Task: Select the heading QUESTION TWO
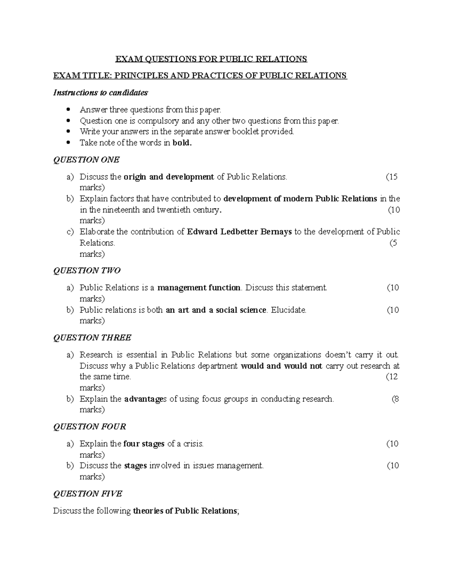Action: pyautogui.click(x=87, y=271)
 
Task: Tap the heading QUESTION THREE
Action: pyautogui.click(x=92, y=338)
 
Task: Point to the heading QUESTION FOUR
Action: pyautogui.click(x=89, y=427)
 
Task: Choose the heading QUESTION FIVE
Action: pyautogui.click(x=88, y=494)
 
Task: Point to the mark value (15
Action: pyautogui.click(x=391, y=177)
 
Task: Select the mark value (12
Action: pyautogui.click(x=391, y=377)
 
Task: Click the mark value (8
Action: pyautogui.click(x=395, y=399)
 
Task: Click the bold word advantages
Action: pyautogui.click(x=145, y=399)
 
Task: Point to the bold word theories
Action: pyautogui.click(x=147, y=511)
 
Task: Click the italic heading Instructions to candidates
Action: pyautogui.click(x=100, y=92)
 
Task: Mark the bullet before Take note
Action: pyautogui.click(x=68, y=143)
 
